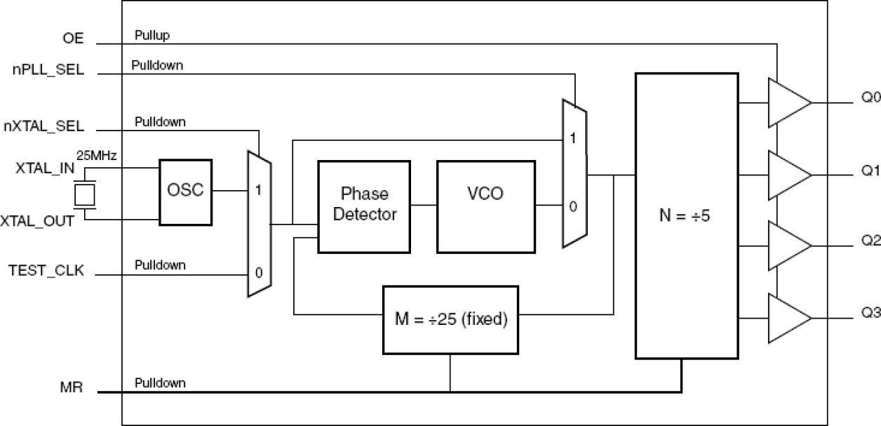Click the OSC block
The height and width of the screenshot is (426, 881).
click(186, 192)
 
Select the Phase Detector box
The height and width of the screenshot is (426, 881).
click(364, 206)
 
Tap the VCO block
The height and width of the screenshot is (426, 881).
click(485, 206)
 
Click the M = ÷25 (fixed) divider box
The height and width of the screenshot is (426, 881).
click(450, 319)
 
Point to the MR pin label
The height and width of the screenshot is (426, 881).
click(73, 387)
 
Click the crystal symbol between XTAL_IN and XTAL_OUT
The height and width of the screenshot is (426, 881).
click(85, 194)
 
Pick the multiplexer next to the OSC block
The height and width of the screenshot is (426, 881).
click(260, 223)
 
